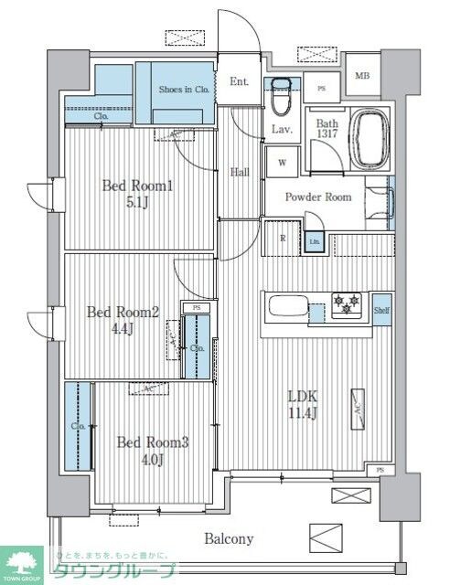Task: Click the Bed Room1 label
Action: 137,194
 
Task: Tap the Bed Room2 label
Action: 123,320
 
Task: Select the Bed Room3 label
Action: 152,451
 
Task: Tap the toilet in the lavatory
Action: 282,94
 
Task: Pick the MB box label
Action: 362,77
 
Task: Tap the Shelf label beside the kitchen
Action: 381,311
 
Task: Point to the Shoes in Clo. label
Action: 185,89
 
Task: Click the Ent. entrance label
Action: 239,82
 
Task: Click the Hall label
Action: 240,171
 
